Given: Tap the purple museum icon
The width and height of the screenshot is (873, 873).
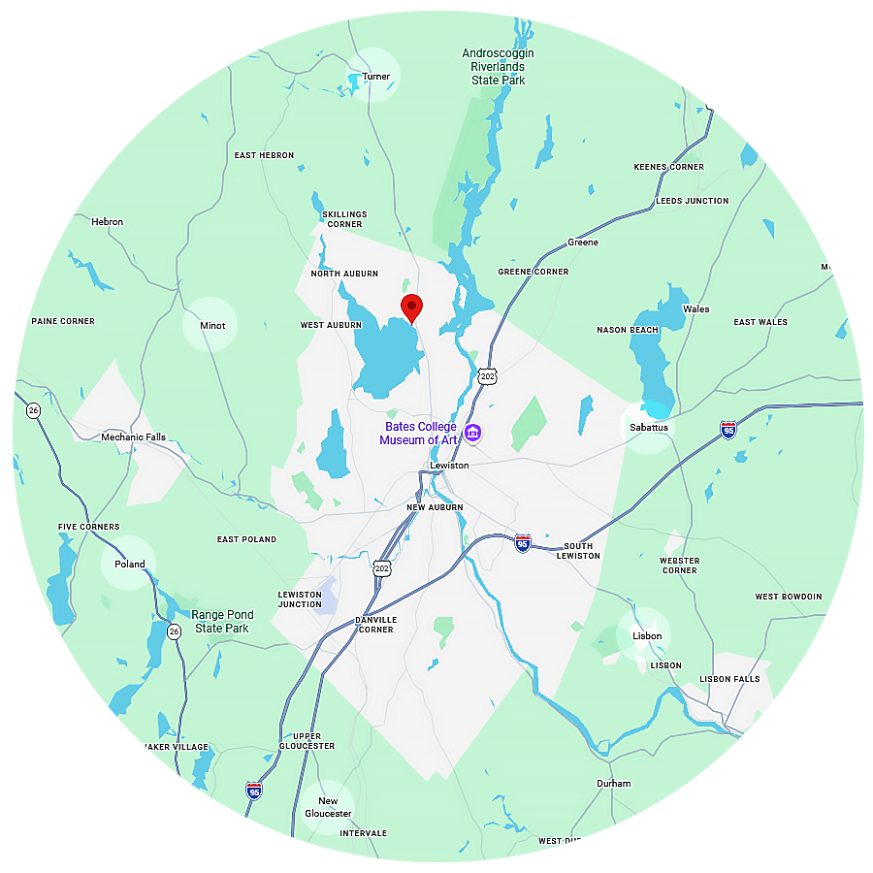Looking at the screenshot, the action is (x=472, y=433).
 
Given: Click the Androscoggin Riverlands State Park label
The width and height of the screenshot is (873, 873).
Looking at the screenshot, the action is (x=499, y=67).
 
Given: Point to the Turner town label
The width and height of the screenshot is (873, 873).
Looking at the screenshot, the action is (x=375, y=77).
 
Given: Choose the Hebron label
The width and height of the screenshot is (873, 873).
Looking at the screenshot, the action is (x=107, y=222).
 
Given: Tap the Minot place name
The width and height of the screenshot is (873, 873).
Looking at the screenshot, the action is (x=212, y=325).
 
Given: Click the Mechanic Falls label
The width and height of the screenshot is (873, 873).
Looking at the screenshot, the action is (x=134, y=437).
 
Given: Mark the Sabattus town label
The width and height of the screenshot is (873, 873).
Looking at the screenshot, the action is (x=647, y=427).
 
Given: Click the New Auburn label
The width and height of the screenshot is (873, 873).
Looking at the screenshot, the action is (x=435, y=507).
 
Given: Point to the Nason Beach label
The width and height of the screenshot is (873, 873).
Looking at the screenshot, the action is (x=628, y=330).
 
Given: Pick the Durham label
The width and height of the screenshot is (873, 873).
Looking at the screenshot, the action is (x=613, y=784).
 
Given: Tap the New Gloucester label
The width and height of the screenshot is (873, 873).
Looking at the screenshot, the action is (x=328, y=807).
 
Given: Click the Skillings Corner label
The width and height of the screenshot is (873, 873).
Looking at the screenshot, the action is (x=344, y=219).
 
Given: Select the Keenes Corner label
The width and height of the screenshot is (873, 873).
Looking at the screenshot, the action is (x=668, y=167).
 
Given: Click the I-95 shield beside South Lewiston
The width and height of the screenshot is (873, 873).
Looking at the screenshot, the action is (x=523, y=542).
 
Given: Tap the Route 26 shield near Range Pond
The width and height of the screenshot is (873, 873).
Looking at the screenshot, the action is (x=174, y=631).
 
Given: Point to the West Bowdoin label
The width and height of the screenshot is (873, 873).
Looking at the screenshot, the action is (x=788, y=597).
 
